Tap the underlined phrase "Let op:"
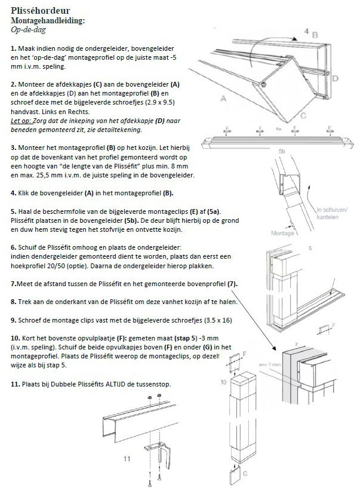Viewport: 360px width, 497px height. [x=22, y=121]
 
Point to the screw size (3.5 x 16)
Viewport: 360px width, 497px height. [x=208, y=321]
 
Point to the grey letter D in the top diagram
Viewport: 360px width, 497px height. [x=336, y=78]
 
